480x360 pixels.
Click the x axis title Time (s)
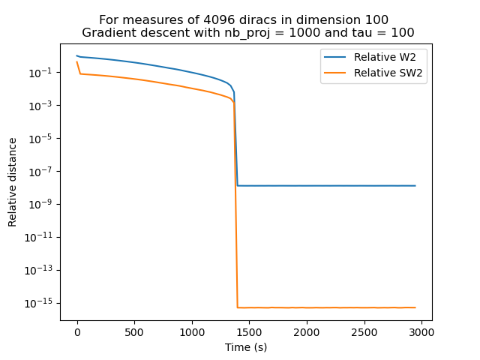pos(246,347)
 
